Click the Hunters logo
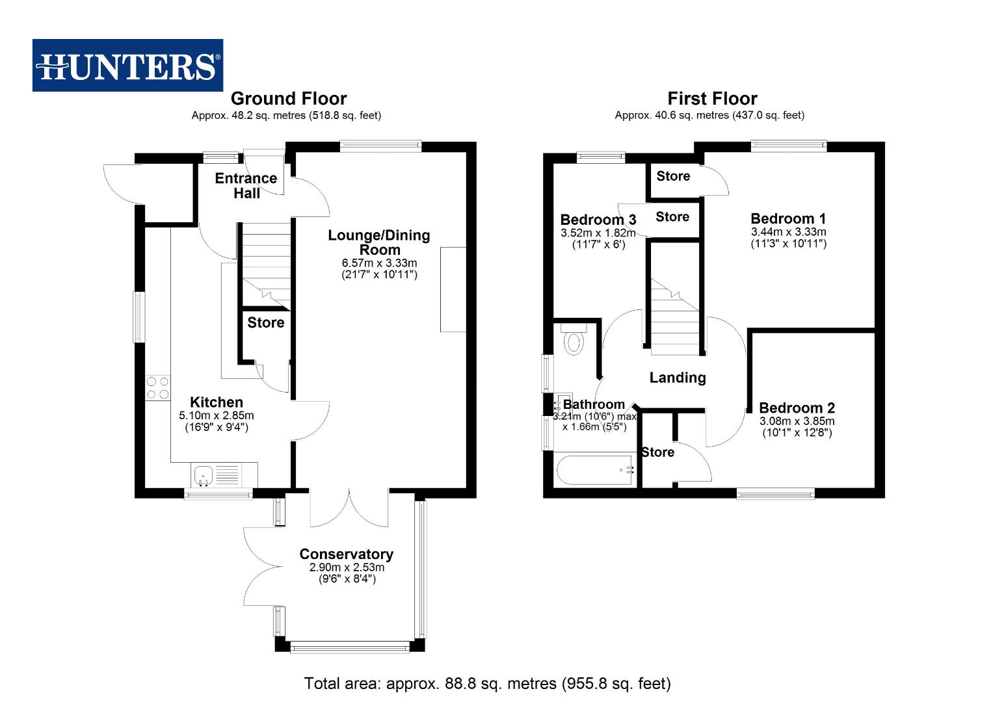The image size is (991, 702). (127, 65)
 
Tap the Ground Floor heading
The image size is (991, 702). (289, 99)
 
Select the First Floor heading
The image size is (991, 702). (712, 99)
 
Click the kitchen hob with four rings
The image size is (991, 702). (157, 388)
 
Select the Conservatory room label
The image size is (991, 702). (346, 554)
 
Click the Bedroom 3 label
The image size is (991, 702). (598, 220)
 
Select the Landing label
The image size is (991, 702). (678, 378)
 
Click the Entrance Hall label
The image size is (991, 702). (246, 185)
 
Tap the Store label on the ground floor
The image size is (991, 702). (265, 322)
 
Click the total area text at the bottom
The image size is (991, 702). (487, 683)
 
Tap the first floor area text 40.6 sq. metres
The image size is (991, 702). (709, 116)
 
